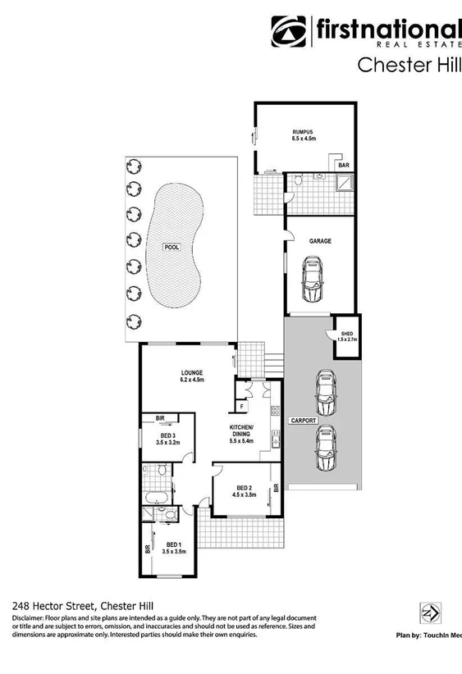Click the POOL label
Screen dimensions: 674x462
pyautogui.click(x=171, y=246)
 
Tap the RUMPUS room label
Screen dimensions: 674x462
pyautogui.click(x=303, y=132)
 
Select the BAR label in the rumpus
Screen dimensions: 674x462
pyautogui.click(x=344, y=166)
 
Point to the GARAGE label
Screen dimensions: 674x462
pyautogui.click(x=320, y=242)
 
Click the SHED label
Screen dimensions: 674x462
pyautogui.click(x=347, y=334)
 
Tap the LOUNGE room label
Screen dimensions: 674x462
pyautogui.click(x=192, y=373)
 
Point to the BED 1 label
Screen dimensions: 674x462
pyautogui.click(x=173, y=544)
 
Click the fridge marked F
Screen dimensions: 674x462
pyautogui.click(x=242, y=406)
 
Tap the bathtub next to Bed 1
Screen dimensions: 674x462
pyautogui.click(x=156, y=498)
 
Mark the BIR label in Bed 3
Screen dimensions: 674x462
pyautogui.click(x=161, y=419)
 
